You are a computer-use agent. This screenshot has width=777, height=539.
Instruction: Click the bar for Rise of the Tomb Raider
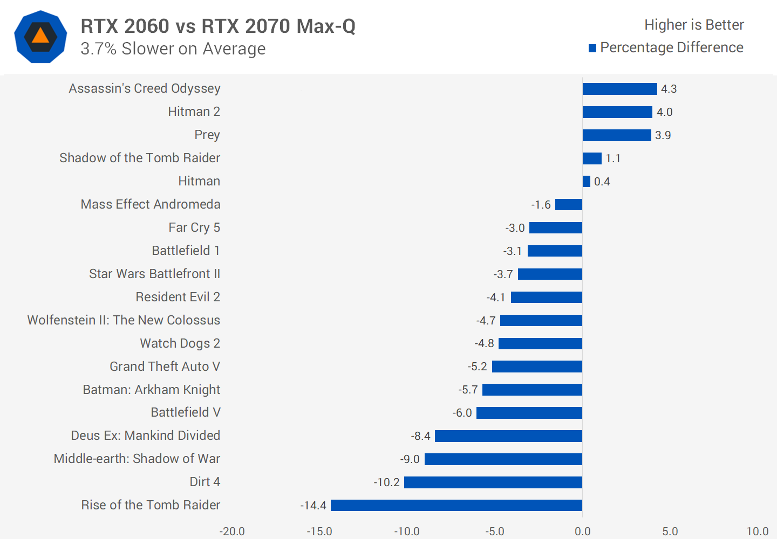click(456, 505)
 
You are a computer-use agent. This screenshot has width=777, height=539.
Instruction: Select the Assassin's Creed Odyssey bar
click(619, 89)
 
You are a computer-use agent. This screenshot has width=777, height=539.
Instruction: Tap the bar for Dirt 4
click(493, 482)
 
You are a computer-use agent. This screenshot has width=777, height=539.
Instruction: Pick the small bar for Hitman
click(587, 182)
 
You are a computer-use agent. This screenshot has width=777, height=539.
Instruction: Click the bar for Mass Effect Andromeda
click(569, 205)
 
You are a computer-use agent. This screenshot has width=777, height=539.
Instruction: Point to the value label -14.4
click(313, 506)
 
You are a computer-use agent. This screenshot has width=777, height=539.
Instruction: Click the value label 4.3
click(669, 89)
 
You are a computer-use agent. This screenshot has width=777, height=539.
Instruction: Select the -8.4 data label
click(421, 436)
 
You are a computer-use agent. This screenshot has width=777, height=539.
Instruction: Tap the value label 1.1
click(613, 158)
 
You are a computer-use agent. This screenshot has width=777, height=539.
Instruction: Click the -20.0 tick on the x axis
click(232, 531)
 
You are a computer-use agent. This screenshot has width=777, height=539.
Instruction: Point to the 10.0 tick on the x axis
click(758, 531)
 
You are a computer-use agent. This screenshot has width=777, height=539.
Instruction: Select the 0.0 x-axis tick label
click(583, 531)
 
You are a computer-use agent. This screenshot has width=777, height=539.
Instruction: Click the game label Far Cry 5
click(194, 227)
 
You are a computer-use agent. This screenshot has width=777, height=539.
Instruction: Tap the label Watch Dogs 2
click(180, 343)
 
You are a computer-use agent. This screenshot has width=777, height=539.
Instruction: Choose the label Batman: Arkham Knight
click(152, 390)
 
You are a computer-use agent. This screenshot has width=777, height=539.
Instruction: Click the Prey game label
click(207, 135)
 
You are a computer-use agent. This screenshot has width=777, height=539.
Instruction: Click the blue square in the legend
click(592, 49)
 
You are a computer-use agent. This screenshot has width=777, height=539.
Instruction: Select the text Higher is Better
click(694, 25)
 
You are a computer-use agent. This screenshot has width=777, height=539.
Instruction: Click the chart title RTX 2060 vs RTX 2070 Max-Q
click(218, 26)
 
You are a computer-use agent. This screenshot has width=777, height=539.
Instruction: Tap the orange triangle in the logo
click(40, 36)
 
